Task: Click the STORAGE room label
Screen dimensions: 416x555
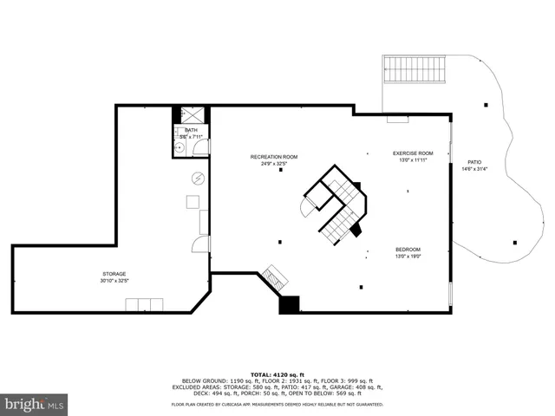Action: pos(114,274)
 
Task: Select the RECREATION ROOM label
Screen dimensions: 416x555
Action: pos(274,157)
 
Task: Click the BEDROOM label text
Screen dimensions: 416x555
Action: pos(408,249)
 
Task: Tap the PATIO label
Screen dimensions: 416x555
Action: pos(474,162)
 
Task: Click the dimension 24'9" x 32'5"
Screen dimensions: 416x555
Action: pos(274,164)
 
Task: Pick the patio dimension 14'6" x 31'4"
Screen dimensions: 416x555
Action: pos(474,169)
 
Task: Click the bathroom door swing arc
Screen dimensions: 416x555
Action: pos(201,148)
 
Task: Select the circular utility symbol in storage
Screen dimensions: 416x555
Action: pos(198,178)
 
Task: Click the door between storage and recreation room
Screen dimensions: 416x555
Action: pos(200,244)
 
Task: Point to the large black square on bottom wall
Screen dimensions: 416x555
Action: pos(289,304)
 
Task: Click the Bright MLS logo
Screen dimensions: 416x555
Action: pos(35,404)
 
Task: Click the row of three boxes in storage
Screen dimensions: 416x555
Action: pos(144,304)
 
